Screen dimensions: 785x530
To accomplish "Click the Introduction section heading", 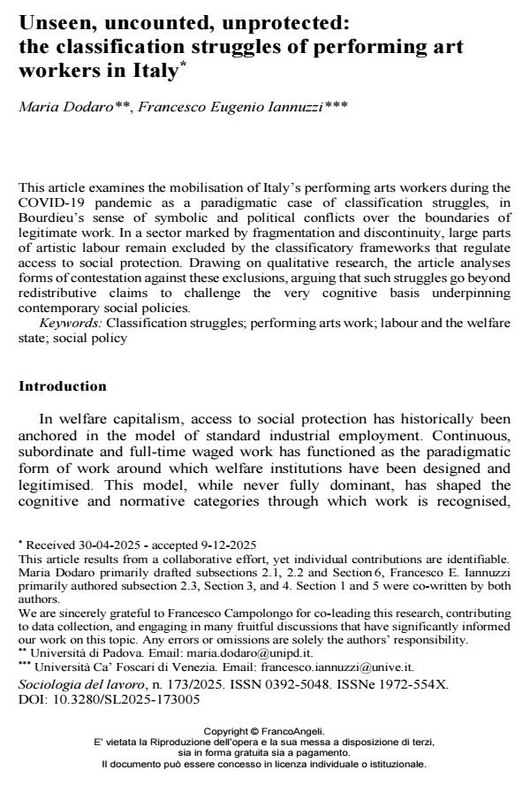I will pos(62,386).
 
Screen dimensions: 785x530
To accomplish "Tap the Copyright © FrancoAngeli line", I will pos(264,730).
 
